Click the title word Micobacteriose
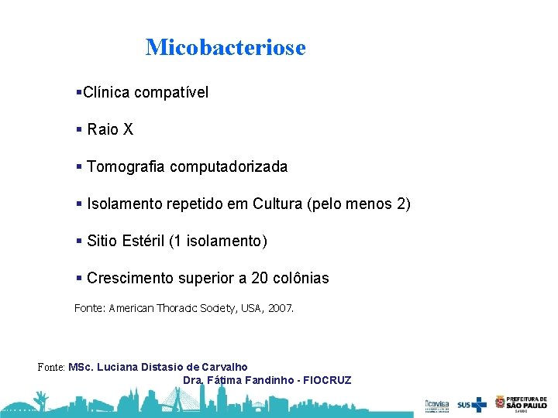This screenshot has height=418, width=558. point(226,47)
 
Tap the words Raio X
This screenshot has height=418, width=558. point(110,130)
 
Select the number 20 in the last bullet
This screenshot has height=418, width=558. point(248,278)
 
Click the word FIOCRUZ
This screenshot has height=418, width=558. point(327,380)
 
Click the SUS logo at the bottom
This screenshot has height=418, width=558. point(471,403)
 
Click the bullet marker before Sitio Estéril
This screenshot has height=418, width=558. point(79,241)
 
